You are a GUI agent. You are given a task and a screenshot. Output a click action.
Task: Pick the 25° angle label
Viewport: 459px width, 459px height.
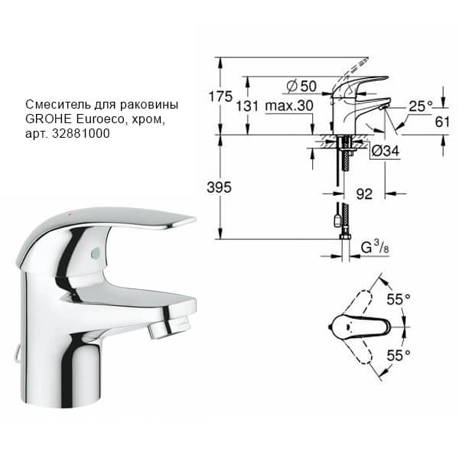[420, 106]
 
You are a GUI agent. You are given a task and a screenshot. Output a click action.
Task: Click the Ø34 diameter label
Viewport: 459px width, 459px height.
[386, 151]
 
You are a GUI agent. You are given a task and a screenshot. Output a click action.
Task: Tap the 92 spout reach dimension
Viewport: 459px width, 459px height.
[364, 194]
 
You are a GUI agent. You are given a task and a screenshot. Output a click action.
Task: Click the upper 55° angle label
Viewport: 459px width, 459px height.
[398, 301]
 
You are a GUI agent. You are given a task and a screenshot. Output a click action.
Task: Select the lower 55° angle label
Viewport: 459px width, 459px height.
[398, 355]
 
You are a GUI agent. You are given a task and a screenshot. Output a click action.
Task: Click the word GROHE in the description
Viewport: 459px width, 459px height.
[45, 119]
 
